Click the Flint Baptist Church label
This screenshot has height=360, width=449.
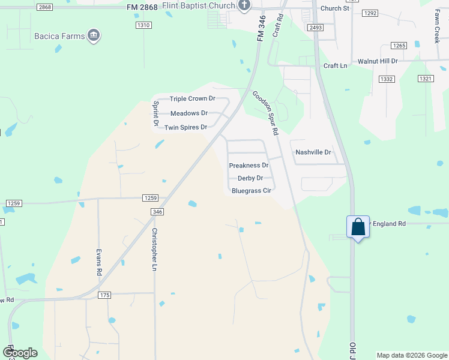point(202,7)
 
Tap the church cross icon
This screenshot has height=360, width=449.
point(244,6)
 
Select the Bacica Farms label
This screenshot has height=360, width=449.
point(59,36)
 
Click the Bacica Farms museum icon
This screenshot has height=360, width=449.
point(94,36)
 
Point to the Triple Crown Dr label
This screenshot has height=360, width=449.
point(192,99)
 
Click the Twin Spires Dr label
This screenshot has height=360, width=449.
point(185,127)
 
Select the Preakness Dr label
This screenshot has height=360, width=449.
point(249,166)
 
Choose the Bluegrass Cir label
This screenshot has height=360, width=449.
point(252,191)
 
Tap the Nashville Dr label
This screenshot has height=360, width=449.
point(313,152)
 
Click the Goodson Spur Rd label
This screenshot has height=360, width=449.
point(266,113)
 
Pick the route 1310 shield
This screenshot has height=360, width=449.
point(143,25)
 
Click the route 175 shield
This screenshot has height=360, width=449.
point(104,295)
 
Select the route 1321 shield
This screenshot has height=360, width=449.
point(426,79)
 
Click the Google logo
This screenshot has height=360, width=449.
point(20,353)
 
